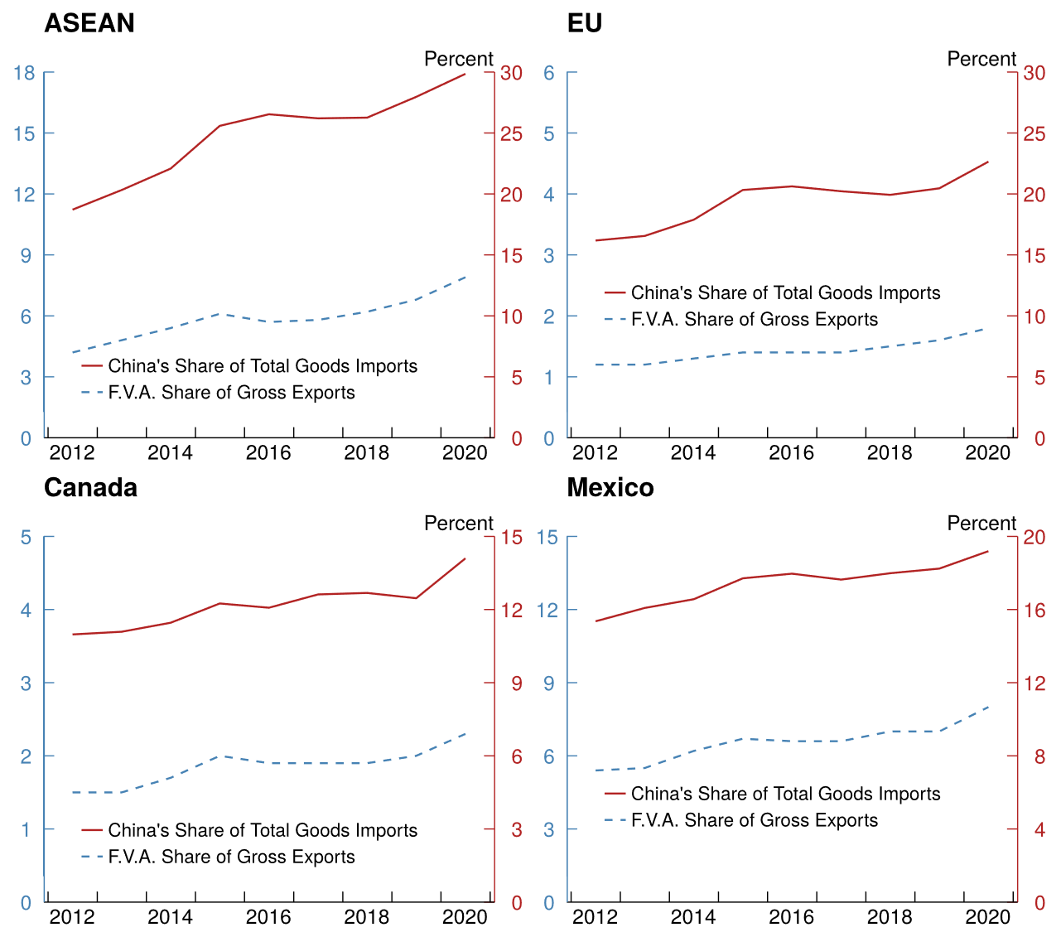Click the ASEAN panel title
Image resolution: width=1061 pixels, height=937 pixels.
pyautogui.click(x=89, y=23)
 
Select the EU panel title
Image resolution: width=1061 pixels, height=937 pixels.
pyautogui.click(x=584, y=23)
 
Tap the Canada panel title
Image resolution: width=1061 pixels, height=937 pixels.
pyautogui.click(x=90, y=487)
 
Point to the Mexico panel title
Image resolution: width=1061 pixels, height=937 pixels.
pyautogui.click(x=610, y=487)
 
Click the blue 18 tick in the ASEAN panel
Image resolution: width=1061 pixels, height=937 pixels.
pyautogui.click(x=23, y=73)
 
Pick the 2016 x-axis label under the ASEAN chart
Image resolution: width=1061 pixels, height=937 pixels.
pyautogui.click(x=268, y=452)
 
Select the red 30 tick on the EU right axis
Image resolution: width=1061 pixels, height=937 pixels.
pyautogui.click(x=1034, y=73)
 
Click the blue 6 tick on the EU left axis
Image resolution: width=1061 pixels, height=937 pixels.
pyautogui.click(x=548, y=73)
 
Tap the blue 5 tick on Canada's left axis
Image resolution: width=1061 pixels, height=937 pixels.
pyautogui.click(x=26, y=538)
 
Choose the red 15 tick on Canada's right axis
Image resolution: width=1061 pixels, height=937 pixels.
pyautogui.click(x=511, y=538)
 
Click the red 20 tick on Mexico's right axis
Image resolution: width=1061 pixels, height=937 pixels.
pyautogui.click(x=1034, y=538)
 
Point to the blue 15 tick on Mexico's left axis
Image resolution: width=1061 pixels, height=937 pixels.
pyautogui.click(x=547, y=538)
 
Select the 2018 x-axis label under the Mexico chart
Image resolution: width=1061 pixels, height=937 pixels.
pyautogui.click(x=890, y=917)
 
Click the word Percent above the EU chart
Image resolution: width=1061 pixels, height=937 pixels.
pyautogui.click(x=981, y=59)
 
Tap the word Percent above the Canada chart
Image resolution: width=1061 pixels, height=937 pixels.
pyautogui.click(x=458, y=524)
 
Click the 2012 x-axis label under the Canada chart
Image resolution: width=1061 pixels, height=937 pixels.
pyautogui.click(x=72, y=917)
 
